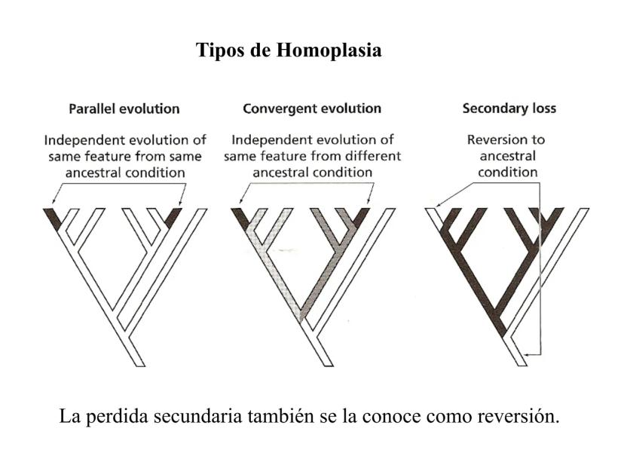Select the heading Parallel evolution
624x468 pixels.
[x=124, y=109]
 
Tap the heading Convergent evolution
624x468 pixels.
[x=312, y=109]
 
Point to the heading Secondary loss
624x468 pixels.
[x=509, y=109]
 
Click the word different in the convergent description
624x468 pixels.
[x=367, y=156]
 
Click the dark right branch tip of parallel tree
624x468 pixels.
[x=173, y=218]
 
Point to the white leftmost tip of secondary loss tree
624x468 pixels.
[x=435, y=218]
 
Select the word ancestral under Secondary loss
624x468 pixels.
[x=509, y=156]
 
